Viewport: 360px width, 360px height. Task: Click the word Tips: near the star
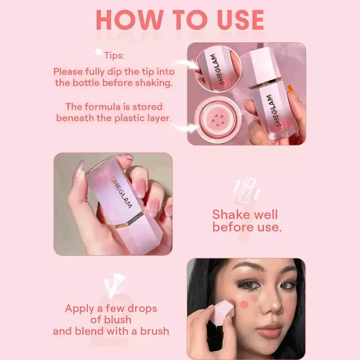(x=114, y=55)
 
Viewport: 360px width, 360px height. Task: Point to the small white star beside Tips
(x=99, y=52)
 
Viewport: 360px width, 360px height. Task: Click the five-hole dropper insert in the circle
(x=217, y=119)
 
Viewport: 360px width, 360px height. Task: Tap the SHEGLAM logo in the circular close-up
(x=218, y=69)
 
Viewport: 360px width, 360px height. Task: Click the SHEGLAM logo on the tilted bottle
(x=121, y=193)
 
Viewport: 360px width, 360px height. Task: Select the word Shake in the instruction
(x=228, y=215)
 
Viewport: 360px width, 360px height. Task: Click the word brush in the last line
(x=154, y=331)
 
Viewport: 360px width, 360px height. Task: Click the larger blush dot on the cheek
(x=244, y=305)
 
